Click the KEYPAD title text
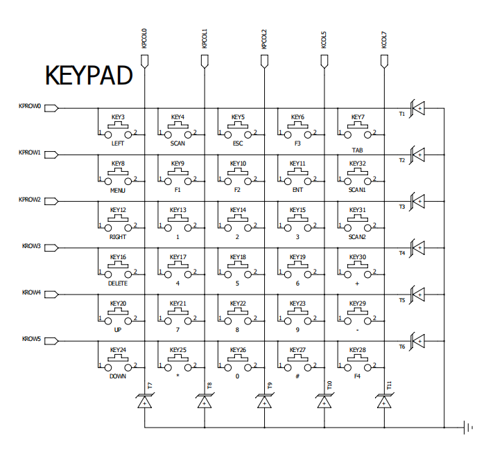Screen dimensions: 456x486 (x=88, y=75)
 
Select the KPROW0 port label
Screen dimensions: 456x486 (x=30, y=106)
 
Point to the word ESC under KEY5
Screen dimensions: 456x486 (x=237, y=143)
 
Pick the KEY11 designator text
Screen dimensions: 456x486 (x=297, y=164)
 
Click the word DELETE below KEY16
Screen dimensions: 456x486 (x=118, y=283)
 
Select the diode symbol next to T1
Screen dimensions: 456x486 (x=418, y=107)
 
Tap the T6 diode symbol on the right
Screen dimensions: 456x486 (x=418, y=341)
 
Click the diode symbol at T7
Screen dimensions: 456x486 (x=144, y=402)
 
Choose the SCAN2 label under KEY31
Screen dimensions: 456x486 (x=357, y=237)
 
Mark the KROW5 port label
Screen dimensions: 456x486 (x=32, y=339)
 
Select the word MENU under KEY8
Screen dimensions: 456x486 (x=118, y=190)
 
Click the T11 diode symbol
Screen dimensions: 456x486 (x=383, y=402)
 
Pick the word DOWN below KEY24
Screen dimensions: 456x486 (x=118, y=376)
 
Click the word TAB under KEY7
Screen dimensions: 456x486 (x=357, y=150)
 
